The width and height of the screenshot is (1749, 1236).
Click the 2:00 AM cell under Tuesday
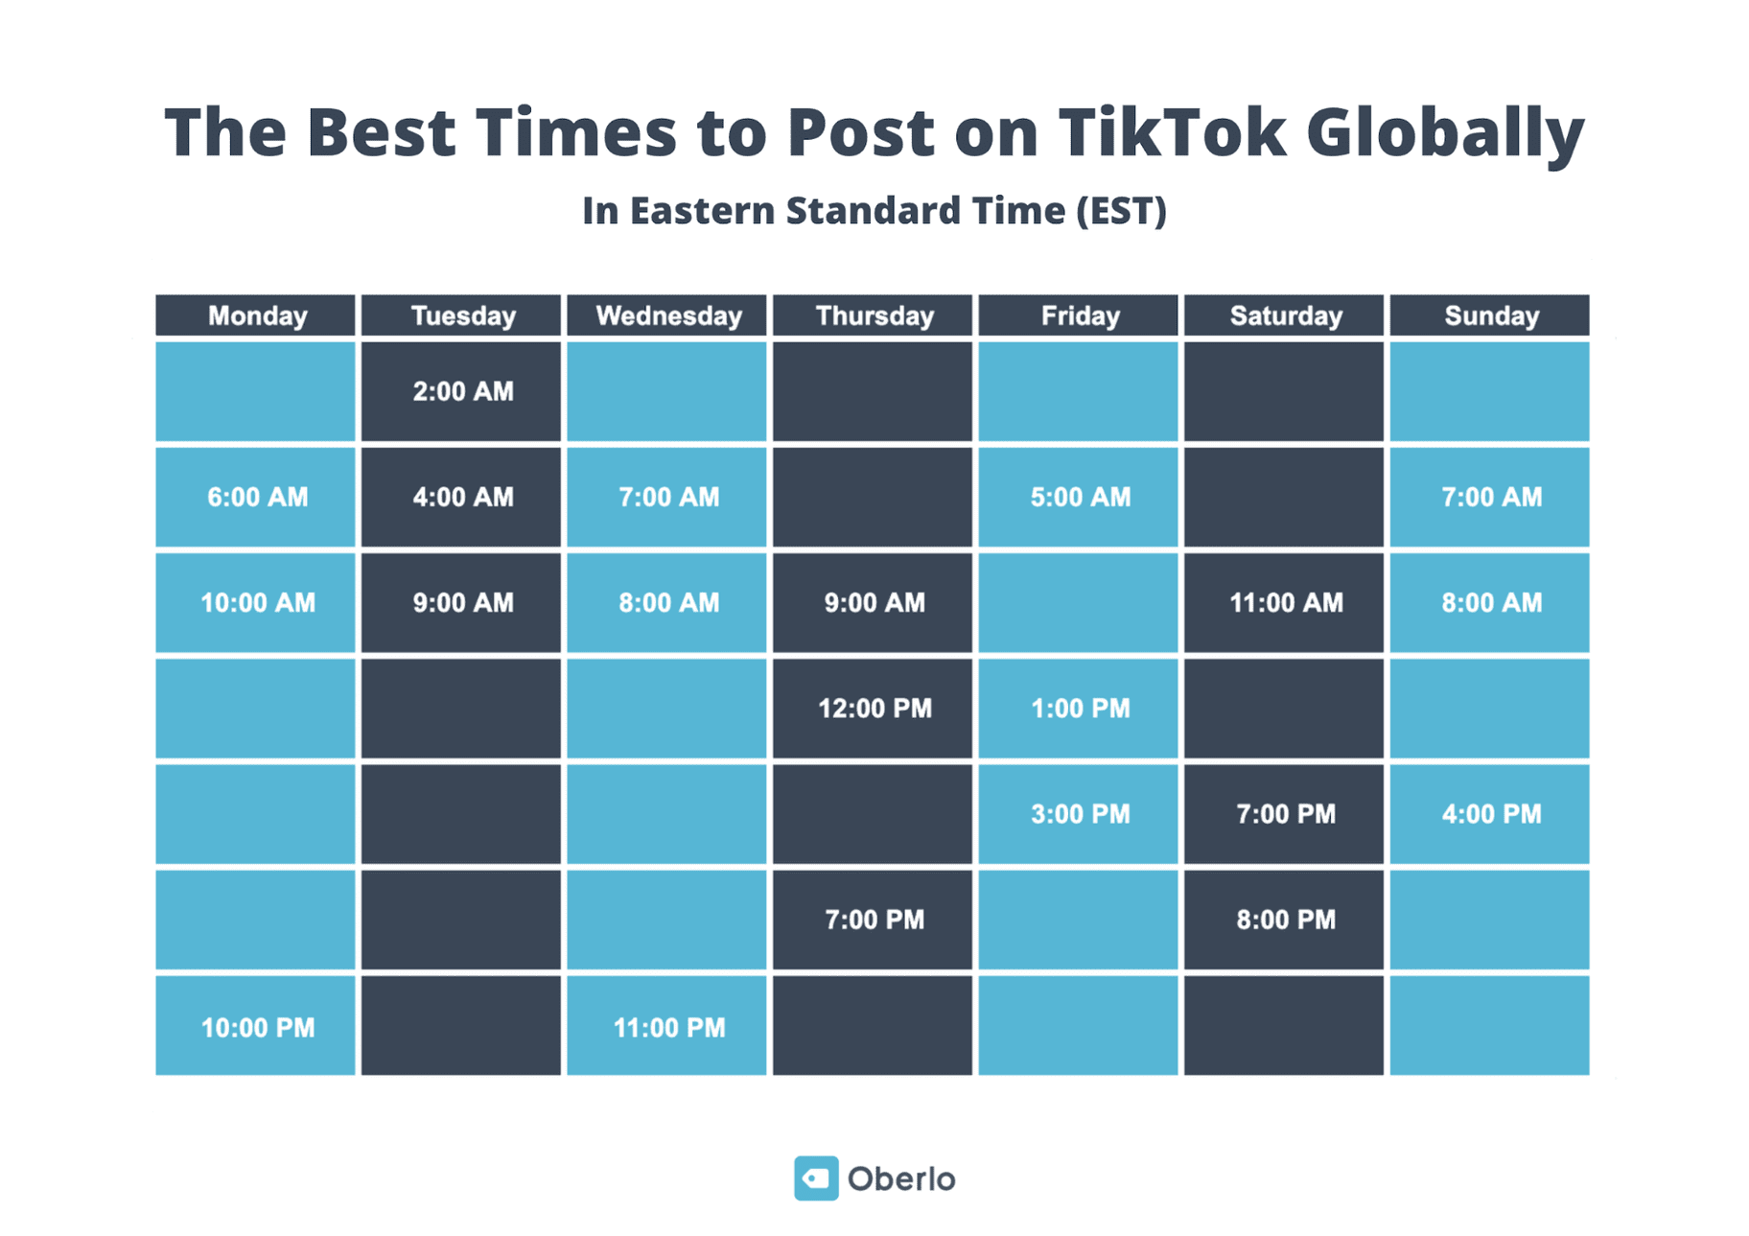(461, 391)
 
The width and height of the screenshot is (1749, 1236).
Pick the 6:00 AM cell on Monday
(255, 497)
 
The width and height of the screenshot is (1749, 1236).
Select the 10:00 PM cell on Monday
(255, 1026)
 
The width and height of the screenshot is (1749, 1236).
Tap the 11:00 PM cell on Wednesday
(666, 1026)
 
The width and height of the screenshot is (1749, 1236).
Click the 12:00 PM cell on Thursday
(873, 709)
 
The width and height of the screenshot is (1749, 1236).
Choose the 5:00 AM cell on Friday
(1078, 497)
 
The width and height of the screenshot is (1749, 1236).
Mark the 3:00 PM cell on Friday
(1078, 814)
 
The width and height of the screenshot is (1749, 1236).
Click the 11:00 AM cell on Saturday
(1284, 603)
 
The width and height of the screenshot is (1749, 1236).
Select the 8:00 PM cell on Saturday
(1284, 920)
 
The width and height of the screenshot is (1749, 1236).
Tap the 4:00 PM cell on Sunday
(1489, 814)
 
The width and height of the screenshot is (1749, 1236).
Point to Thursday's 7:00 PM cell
(873, 920)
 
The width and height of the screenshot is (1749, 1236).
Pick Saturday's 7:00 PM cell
(1284, 814)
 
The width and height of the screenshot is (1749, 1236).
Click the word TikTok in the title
(1171, 131)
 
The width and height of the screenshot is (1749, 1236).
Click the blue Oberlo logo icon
(816, 1178)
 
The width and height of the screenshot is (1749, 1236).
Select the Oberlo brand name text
(901, 1178)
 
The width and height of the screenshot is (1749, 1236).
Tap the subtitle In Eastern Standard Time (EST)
(874, 211)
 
